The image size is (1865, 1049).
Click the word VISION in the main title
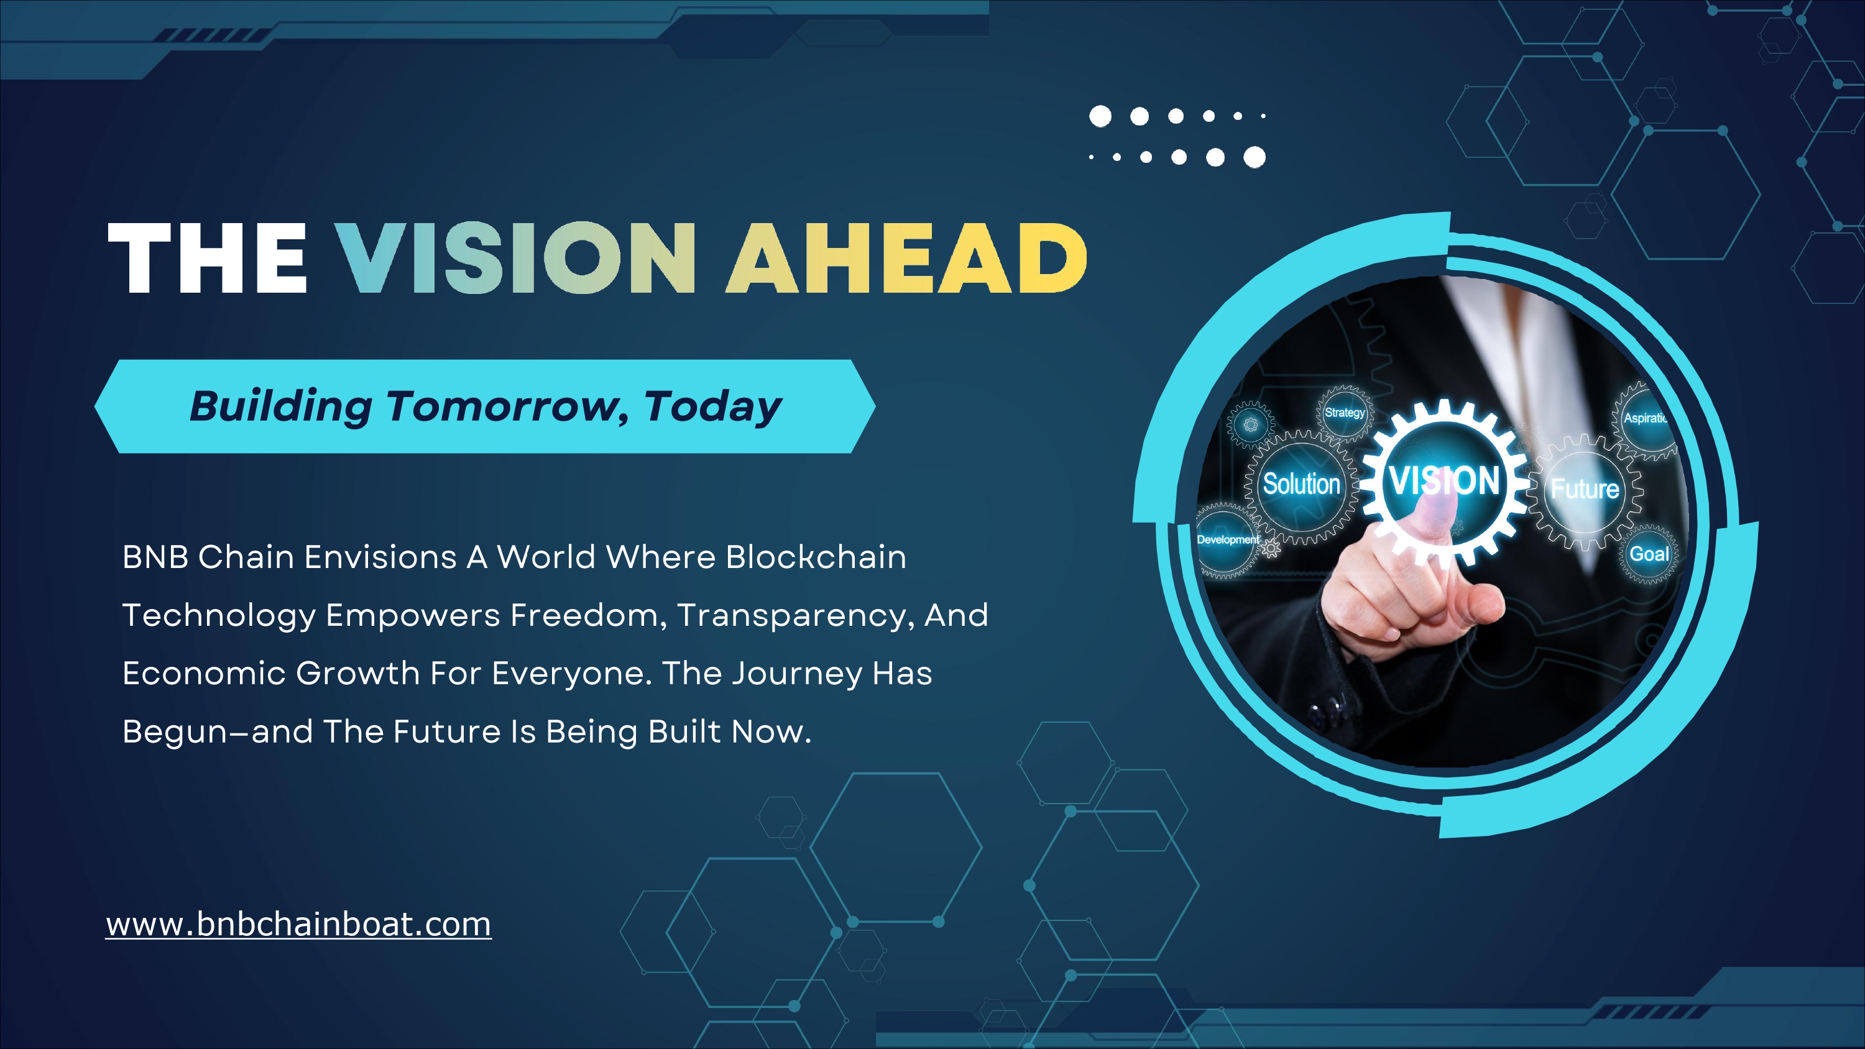coord(515,258)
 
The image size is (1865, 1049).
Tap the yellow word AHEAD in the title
coord(906,258)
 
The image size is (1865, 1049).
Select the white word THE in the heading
coord(207,258)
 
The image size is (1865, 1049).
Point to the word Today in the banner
coord(713,407)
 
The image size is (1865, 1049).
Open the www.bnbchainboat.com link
coord(298,925)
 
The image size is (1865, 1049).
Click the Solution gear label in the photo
coord(1302,483)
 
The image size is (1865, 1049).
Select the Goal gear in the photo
coord(1649,554)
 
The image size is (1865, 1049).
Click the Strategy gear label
coord(1345,413)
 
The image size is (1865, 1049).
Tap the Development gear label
coord(1228,539)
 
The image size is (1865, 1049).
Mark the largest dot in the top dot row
coord(1100,116)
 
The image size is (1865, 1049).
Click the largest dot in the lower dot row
coord(1254,157)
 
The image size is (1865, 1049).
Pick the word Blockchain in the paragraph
coord(816,557)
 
